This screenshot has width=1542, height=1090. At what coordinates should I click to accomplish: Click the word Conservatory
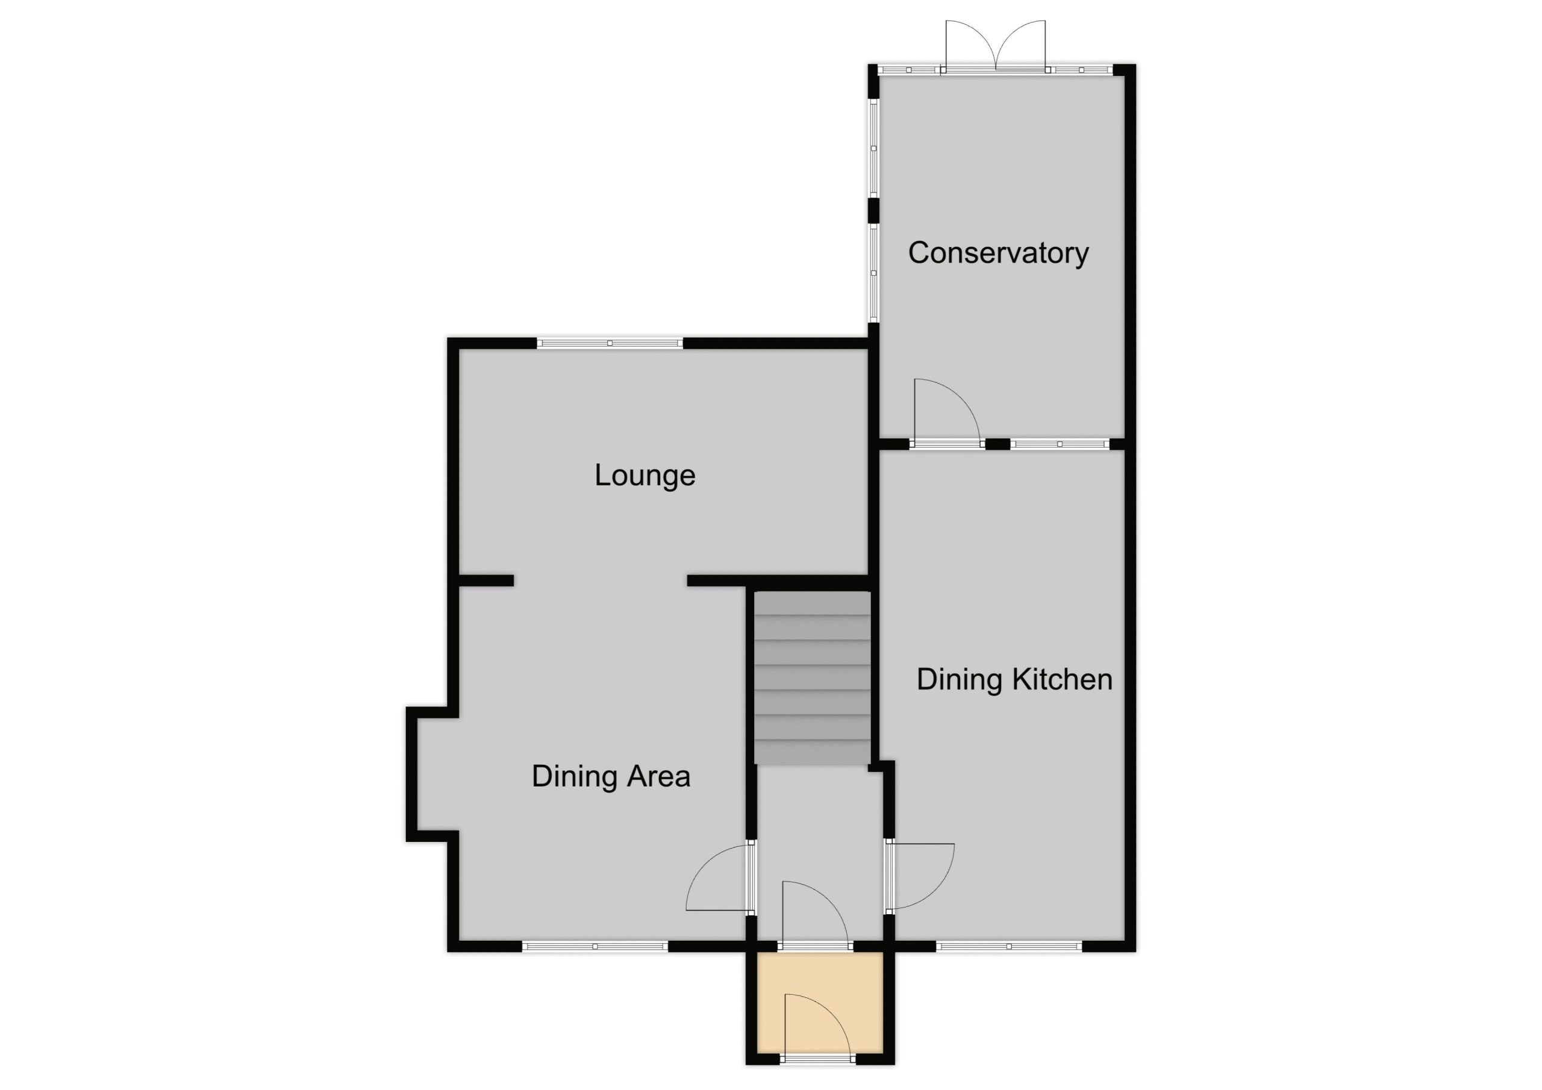(998, 253)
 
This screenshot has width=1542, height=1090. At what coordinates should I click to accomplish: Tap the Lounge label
(645, 476)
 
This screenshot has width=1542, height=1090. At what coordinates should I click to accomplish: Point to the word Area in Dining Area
(660, 776)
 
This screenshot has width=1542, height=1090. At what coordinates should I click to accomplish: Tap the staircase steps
(813, 677)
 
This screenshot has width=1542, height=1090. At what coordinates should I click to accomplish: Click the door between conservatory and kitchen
(946, 411)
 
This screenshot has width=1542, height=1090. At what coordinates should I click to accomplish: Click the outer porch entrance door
(818, 1028)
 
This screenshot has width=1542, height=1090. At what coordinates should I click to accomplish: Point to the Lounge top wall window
(610, 343)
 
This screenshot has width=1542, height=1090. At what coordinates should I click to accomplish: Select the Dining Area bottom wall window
(595, 946)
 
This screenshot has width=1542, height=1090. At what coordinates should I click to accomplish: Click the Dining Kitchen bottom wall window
(1009, 946)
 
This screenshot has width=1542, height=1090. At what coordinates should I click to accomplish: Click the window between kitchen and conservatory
(1059, 444)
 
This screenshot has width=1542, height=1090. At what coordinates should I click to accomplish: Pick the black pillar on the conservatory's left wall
(873, 210)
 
